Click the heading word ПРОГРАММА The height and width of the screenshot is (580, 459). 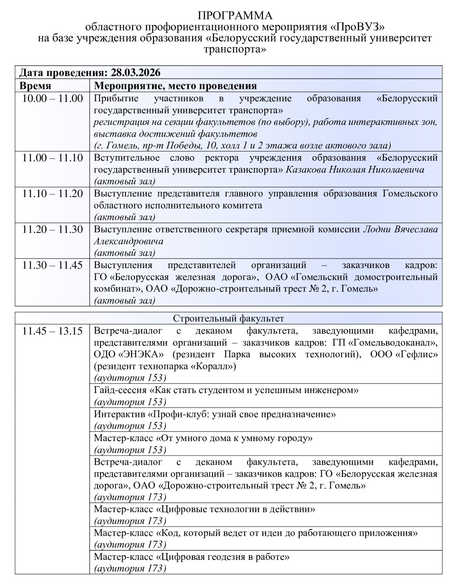click(x=235, y=16)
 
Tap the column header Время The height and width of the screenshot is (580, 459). click(x=35, y=86)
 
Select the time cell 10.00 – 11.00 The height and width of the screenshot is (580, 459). click(x=52, y=98)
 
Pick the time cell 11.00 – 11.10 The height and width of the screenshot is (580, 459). click(x=52, y=158)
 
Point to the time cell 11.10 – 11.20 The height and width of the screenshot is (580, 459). click(x=52, y=194)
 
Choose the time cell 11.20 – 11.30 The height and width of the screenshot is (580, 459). click(x=52, y=229)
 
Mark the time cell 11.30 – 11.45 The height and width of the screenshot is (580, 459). click(x=52, y=265)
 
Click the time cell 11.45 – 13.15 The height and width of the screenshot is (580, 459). click(x=52, y=331)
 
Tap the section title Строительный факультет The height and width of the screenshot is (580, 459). click(x=229, y=318)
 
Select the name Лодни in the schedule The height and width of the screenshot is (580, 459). click(x=377, y=229)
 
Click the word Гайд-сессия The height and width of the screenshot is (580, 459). click(x=120, y=390)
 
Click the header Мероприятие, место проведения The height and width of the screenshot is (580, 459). click(x=175, y=86)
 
